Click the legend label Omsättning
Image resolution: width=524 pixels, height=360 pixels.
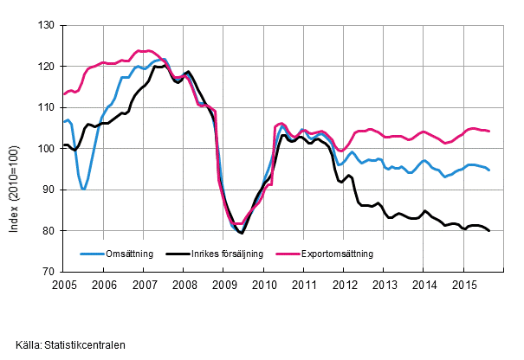129,254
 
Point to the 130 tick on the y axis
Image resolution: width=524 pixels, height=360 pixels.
49,25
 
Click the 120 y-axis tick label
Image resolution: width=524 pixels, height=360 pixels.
49,66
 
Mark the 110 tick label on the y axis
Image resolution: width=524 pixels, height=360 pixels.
49,107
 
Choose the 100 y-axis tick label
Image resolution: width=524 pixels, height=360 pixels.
49,148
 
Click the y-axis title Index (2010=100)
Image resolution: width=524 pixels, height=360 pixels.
21,148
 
